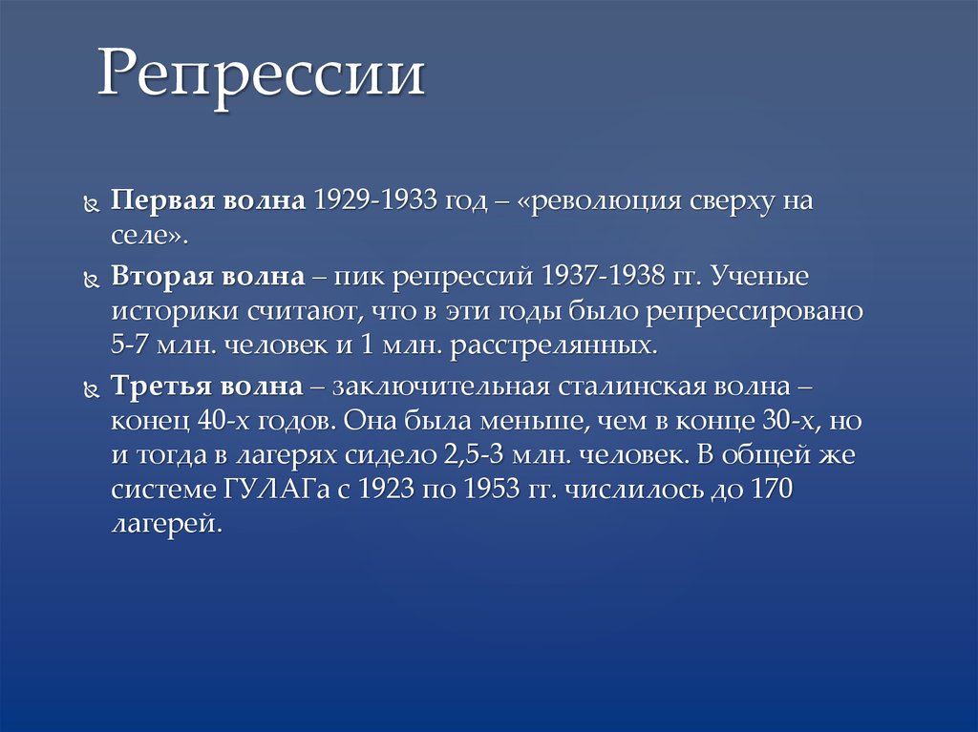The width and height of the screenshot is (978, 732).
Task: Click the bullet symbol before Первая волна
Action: coord(92,204)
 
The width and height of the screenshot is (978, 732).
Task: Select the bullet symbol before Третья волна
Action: coord(92,390)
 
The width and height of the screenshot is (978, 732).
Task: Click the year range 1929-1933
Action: coord(374,200)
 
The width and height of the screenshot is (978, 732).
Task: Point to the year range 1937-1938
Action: coord(603,276)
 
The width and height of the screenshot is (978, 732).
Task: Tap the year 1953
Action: coord(492,489)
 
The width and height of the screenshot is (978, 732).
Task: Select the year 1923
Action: coord(386,489)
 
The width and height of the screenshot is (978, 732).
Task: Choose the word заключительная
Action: coord(441,387)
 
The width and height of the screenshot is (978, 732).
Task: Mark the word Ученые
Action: coord(759,276)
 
